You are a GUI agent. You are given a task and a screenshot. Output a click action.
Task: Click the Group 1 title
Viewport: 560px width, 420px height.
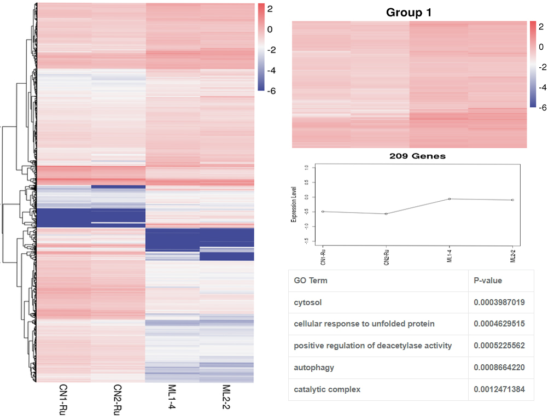[409, 12]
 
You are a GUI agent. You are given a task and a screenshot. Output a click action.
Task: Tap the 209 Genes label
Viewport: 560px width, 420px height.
[417, 156]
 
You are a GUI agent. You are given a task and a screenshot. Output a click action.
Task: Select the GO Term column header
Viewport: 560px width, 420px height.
[311, 281]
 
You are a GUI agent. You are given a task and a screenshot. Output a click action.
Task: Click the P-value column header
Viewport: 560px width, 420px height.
[488, 281]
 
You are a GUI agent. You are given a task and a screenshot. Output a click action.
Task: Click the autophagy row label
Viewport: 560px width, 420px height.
[313, 367]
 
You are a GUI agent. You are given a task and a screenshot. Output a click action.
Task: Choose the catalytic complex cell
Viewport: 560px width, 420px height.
[327, 389]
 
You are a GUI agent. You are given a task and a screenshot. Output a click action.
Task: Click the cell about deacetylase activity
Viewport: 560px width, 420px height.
[373, 346]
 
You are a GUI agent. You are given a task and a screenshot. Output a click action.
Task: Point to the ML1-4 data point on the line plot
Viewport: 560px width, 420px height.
[449, 199]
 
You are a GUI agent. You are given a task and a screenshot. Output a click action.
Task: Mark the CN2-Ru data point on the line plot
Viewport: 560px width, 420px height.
[386, 214]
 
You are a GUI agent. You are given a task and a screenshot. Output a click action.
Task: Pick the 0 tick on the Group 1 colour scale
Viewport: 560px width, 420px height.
[541, 46]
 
